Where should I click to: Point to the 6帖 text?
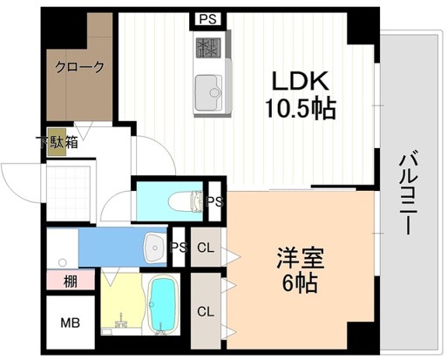(299, 283)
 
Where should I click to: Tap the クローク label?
(80, 66)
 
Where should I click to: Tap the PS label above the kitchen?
(207, 19)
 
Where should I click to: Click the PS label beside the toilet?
(215, 201)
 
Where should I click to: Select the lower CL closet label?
(205, 310)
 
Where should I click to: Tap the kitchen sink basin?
(208, 89)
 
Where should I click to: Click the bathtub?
(163, 304)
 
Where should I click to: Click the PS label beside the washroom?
(179, 248)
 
